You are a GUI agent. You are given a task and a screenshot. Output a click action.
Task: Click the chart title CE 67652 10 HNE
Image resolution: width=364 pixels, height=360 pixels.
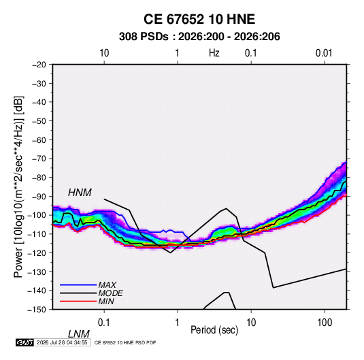(x=199, y=19)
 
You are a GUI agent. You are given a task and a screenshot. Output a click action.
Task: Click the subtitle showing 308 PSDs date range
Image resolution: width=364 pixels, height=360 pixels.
(x=199, y=37)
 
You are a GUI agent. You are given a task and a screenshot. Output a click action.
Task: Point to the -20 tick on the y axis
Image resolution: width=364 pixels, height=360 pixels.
(x=39, y=65)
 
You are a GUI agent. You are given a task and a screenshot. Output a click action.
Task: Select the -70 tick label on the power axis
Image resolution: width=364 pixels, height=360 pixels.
(x=39, y=159)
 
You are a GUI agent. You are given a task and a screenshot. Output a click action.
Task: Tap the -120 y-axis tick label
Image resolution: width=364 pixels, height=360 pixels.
(x=37, y=252)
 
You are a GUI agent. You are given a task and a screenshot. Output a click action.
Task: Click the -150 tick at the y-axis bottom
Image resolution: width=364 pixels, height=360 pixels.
(x=37, y=310)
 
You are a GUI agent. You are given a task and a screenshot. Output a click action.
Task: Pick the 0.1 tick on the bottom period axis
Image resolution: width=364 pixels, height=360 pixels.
(x=104, y=322)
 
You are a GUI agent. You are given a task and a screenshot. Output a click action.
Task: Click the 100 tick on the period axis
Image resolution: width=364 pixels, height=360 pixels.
(x=325, y=322)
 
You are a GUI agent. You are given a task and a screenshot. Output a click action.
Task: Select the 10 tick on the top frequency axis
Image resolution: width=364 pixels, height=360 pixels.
(x=104, y=53)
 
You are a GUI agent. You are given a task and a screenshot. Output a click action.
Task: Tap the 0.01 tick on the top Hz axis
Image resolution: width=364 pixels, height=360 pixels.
(x=324, y=53)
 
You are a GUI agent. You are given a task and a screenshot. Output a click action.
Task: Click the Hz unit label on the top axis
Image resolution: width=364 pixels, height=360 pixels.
(x=214, y=53)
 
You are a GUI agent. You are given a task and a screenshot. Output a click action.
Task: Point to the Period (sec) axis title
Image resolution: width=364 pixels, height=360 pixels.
(x=214, y=330)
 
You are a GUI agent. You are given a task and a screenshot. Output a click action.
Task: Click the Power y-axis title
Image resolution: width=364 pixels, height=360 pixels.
(x=18, y=187)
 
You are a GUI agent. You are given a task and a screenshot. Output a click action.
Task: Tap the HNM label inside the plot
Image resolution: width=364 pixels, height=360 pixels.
(x=80, y=193)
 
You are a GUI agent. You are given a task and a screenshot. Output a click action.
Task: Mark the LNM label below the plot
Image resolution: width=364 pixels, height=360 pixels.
(x=79, y=334)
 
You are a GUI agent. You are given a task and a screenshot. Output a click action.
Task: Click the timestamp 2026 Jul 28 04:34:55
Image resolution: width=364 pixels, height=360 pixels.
(x=62, y=342)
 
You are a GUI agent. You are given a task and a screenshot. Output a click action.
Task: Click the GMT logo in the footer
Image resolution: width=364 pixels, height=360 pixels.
(x=25, y=342)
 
